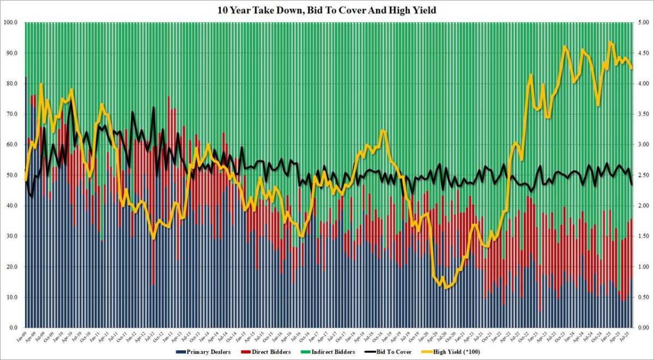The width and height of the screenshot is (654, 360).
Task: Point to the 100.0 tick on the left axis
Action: tap(11, 22)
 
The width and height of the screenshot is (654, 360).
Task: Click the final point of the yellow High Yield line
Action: tap(631, 68)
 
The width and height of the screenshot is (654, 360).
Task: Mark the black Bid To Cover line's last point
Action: tap(631, 184)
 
